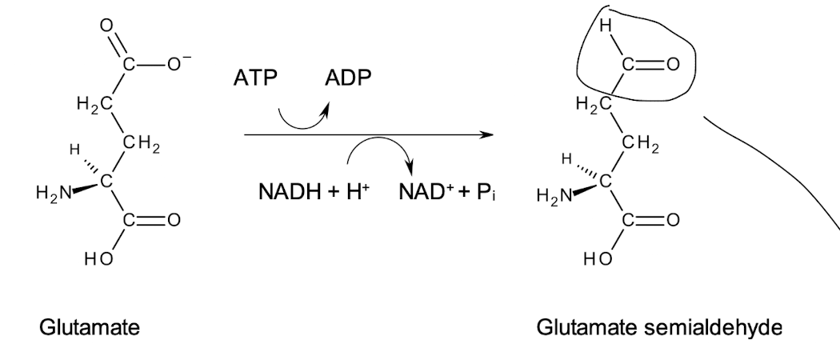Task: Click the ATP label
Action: click(x=255, y=81)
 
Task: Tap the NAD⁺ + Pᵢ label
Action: click(x=446, y=193)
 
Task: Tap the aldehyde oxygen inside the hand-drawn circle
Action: click(x=672, y=63)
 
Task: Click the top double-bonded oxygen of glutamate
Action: click(x=106, y=24)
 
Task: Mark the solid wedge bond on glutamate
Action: click(x=82, y=189)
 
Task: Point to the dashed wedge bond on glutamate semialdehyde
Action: click(x=590, y=168)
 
